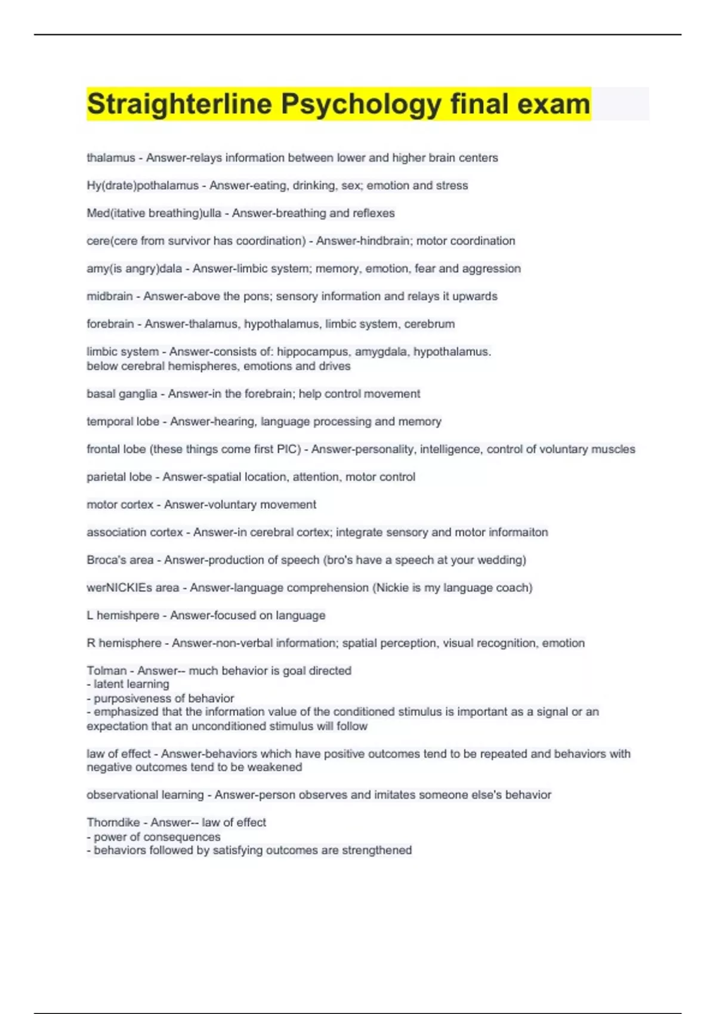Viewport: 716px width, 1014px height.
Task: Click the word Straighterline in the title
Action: pos(180,104)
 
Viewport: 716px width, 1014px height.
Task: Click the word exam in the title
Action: pos(553,104)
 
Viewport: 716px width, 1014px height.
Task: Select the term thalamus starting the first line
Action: pos(111,158)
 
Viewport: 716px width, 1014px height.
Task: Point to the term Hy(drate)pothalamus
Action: pos(143,186)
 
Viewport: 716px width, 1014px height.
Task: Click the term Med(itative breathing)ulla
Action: pos(154,214)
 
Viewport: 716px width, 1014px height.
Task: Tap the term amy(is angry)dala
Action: pos(134,269)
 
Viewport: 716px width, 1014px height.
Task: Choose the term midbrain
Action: pos(110,296)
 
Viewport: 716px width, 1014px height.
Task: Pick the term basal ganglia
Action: pos(122,394)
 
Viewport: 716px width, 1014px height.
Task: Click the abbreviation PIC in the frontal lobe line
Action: pos(289,449)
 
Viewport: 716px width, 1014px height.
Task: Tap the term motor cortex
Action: pos(120,505)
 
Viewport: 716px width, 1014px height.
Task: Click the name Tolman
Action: pos(106,671)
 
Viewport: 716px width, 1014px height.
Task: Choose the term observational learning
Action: pos(145,795)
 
